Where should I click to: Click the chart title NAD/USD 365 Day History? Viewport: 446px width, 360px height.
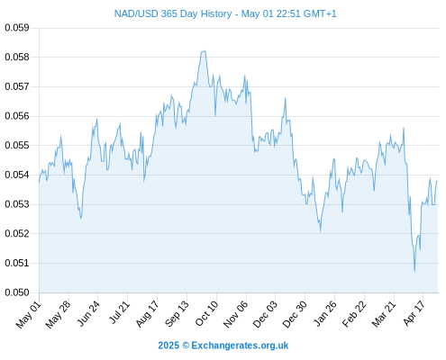point(173,13)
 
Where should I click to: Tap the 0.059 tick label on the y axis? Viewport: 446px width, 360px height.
point(17,28)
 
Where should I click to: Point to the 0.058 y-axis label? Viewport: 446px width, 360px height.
point(17,57)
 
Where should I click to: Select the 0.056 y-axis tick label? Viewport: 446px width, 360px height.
point(17,116)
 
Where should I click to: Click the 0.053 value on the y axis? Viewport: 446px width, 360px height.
point(17,204)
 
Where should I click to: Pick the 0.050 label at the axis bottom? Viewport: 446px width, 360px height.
point(17,292)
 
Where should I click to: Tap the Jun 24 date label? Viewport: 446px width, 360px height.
point(88,313)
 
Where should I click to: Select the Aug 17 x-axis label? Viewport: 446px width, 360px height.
point(147,313)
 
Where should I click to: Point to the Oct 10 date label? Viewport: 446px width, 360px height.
point(206,313)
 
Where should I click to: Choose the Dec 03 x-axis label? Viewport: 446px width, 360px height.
point(265,314)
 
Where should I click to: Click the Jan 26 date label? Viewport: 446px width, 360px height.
point(324,313)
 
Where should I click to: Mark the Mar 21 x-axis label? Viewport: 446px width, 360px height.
point(384,314)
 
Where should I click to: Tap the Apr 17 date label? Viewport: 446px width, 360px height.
point(414,313)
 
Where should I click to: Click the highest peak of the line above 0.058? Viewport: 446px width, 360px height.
point(205,51)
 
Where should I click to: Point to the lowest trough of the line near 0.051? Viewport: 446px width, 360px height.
point(414,271)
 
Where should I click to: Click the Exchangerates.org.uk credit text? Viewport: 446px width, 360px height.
point(240,346)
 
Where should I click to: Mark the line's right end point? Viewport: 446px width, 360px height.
point(437,181)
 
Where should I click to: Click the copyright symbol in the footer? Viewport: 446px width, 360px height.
point(186,346)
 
